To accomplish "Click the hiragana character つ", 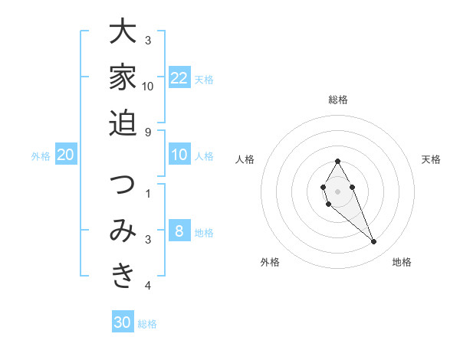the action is [123, 185].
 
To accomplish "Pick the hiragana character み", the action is [123, 231].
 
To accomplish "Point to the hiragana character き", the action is [123, 276].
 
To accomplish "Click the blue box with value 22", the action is [179, 78].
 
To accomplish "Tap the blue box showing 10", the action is [179, 155].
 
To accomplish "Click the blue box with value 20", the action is [66, 155].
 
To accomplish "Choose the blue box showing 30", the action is [123, 322].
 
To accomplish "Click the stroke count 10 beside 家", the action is [148, 86].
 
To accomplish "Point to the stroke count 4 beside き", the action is [148, 286].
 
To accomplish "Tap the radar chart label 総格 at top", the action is [337, 100].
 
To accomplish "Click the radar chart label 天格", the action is [431, 159].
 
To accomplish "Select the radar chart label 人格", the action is [245, 159].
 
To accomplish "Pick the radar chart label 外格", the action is [270, 262].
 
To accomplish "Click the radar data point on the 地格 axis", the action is [374, 242].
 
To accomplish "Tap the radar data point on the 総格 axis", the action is [337, 161].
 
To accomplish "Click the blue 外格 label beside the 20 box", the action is [41, 156].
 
